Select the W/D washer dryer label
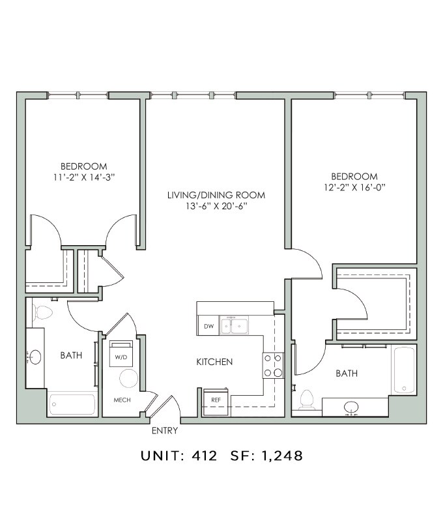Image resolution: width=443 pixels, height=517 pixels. click(x=121, y=357)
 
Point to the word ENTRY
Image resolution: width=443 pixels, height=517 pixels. click(x=164, y=431)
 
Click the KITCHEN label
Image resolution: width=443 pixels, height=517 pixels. click(x=214, y=362)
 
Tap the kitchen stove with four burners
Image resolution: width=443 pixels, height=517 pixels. click(x=273, y=365)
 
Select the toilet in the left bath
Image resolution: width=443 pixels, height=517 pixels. click(x=43, y=312)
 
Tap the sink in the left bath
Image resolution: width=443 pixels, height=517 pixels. click(x=35, y=357)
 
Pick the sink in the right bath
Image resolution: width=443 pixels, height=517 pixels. click(x=352, y=407)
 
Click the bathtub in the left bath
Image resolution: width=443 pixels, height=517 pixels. click(x=74, y=404)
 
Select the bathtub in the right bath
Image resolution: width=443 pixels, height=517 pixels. click(x=404, y=370)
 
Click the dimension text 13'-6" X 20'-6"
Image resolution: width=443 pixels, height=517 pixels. click(x=216, y=206)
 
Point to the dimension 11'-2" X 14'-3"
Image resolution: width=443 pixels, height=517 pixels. click(x=84, y=177)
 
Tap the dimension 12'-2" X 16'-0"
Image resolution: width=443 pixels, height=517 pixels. click(x=354, y=186)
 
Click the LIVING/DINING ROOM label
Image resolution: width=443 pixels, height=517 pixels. click(x=216, y=195)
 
